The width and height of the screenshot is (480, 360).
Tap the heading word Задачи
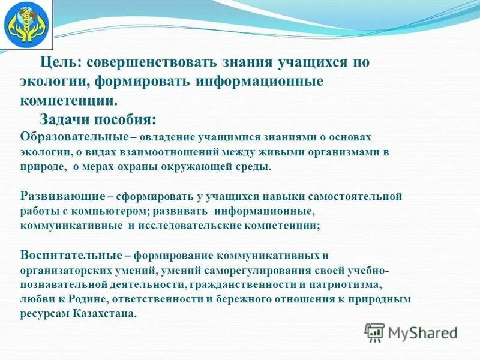65,118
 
